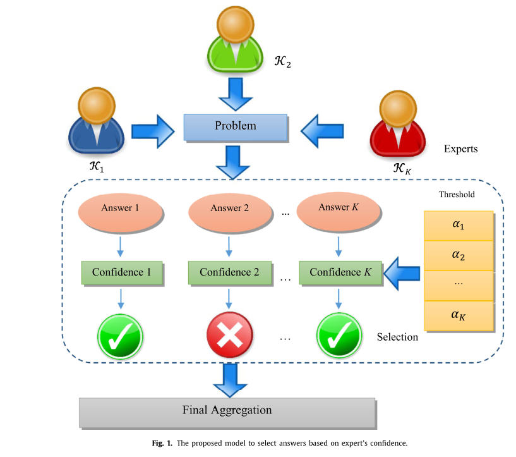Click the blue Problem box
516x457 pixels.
pyautogui.click(x=235, y=126)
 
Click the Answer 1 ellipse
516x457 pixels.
pyautogui.click(x=120, y=208)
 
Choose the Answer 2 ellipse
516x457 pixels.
pyautogui.click(x=226, y=209)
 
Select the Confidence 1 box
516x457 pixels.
pyautogui.click(x=122, y=272)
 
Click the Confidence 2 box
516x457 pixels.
pyautogui.click(x=229, y=272)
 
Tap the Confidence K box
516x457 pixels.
pyautogui.click(x=340, y=272)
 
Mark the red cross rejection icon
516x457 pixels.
pyautogui.click(x=230, y=335)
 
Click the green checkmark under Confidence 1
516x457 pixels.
pyautogui.click(x=120, y=335)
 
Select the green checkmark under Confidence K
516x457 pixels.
pyautogui.click(x=339, y=335)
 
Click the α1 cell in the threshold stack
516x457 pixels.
pyautogui.click(x=459, y=226)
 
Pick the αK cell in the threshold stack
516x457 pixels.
pyautogui.click(x=459, y=315)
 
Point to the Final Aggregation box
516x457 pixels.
pyautogui.click(x=227, y=411)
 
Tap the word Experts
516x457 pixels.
pyautogui.click(x=460, y=150)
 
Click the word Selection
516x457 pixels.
pyautogui.click(x=397, y=337)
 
